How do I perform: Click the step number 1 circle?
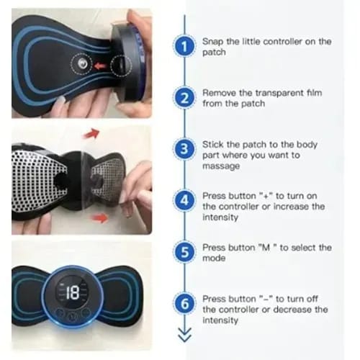click(184, 46)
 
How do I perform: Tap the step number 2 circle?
click(184, 98)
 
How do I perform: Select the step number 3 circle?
click(184, 149)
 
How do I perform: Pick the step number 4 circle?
click(184, 200)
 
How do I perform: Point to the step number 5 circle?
click(184, 252)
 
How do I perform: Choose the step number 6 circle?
click(184, 303)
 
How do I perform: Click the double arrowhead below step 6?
click(184, 334)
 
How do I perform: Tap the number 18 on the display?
click(73, 292)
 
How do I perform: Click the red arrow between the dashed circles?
click(100, 66)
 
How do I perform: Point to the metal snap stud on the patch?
click(82, 64)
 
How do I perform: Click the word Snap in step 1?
click(212, 42)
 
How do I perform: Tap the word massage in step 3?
click(221, 166)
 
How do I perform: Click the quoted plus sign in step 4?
click(266, 196)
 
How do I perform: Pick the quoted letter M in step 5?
click(266, 248)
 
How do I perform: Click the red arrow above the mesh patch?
click(91, 133)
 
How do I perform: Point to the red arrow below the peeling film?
click(100, 218)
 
